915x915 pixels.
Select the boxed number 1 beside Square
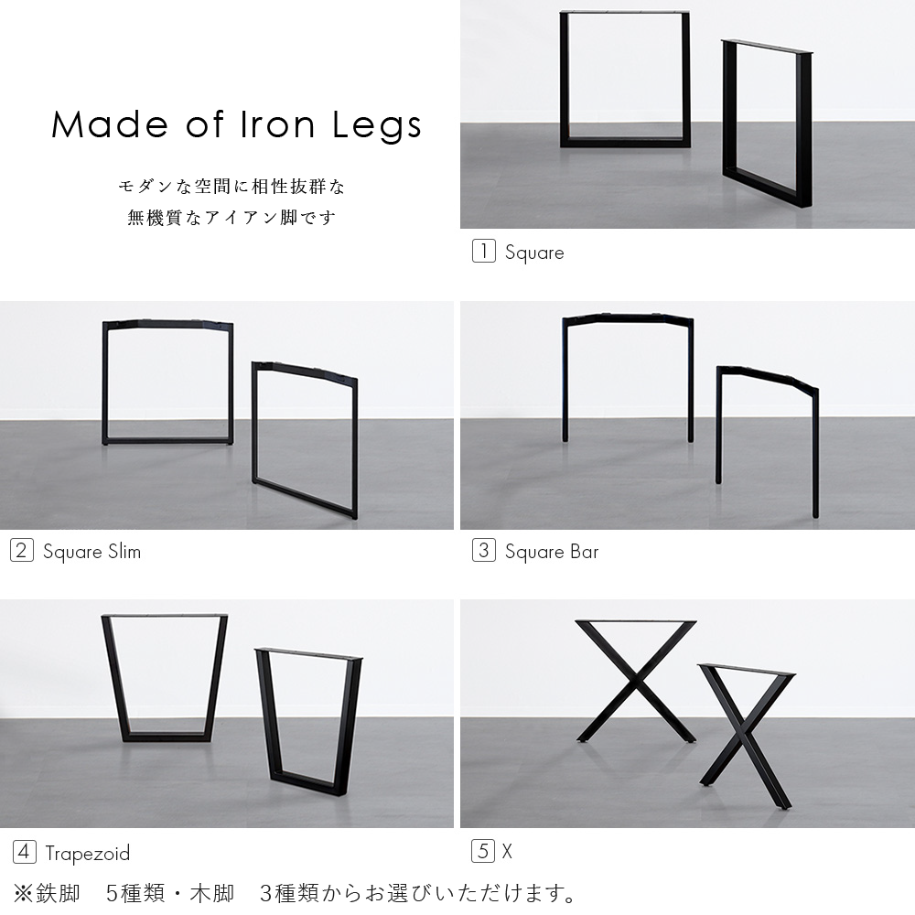pos(483,252)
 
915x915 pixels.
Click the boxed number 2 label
pos(22,551)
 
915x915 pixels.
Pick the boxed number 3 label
pos(483,551)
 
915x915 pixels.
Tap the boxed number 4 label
pos(24,853)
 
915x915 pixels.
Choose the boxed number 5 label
pos(483,851)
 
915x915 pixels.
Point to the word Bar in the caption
pos(584,552)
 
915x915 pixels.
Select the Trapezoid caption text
pos(88,854)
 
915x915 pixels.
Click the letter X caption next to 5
pos(507,852)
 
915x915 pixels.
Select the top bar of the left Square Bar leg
pos(628,318)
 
